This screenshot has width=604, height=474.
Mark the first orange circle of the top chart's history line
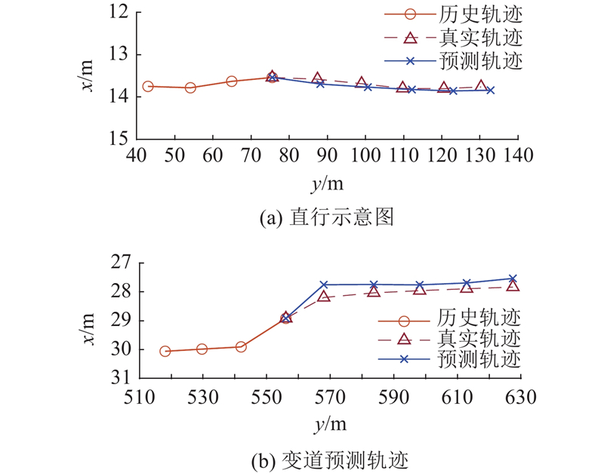pos(148,87)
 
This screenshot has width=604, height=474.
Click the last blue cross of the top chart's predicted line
pos(491,90)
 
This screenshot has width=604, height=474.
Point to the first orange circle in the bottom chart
pos(165,351)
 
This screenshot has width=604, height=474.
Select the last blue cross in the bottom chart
pos(513,279)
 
